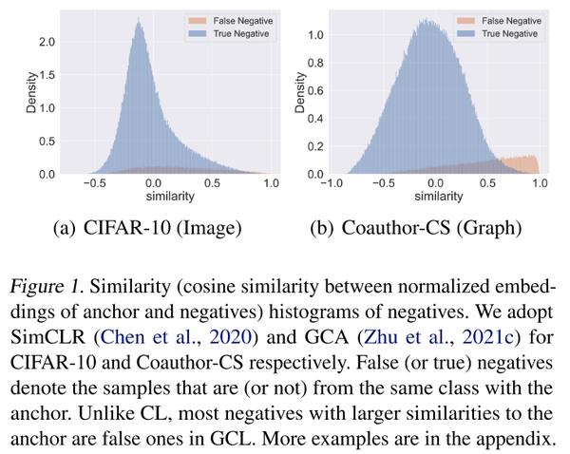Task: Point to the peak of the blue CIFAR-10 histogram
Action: click(x=138, y=26)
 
